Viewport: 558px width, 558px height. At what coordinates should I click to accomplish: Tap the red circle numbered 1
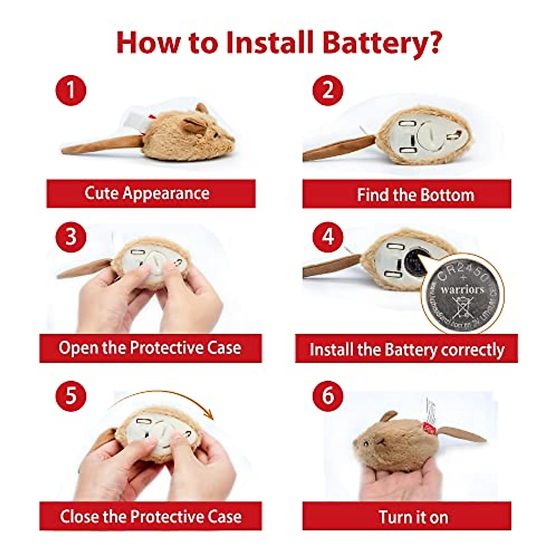pyautogui.click(x=71, y=90)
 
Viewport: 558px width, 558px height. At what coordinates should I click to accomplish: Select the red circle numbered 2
pyautogui.click(x=328, y=90)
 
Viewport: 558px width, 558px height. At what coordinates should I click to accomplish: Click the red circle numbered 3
pyautogui.click(x=71, y=237)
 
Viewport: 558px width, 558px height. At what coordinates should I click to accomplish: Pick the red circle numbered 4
pyautogui.click(x=328, y=237)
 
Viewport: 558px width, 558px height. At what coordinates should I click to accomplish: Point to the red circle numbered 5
pyautogui.click(x=71, y=396)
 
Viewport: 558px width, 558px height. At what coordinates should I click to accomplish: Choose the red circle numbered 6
pyautogui.click(x=328, y=396)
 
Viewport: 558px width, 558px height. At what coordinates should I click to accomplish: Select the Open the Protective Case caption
pyautogui.click(x=150, y=348)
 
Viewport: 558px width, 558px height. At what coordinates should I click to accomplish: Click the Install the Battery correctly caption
pyautogui.click(x=407, y=349)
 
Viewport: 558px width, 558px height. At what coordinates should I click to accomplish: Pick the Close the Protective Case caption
pyautogui.click(x=150, y=516)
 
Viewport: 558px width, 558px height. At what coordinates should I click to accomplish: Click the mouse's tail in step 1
pyautogui.click(x=100, y=145)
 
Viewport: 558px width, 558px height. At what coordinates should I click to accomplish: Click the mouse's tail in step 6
pyautogui.click(x=462, y=434)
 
